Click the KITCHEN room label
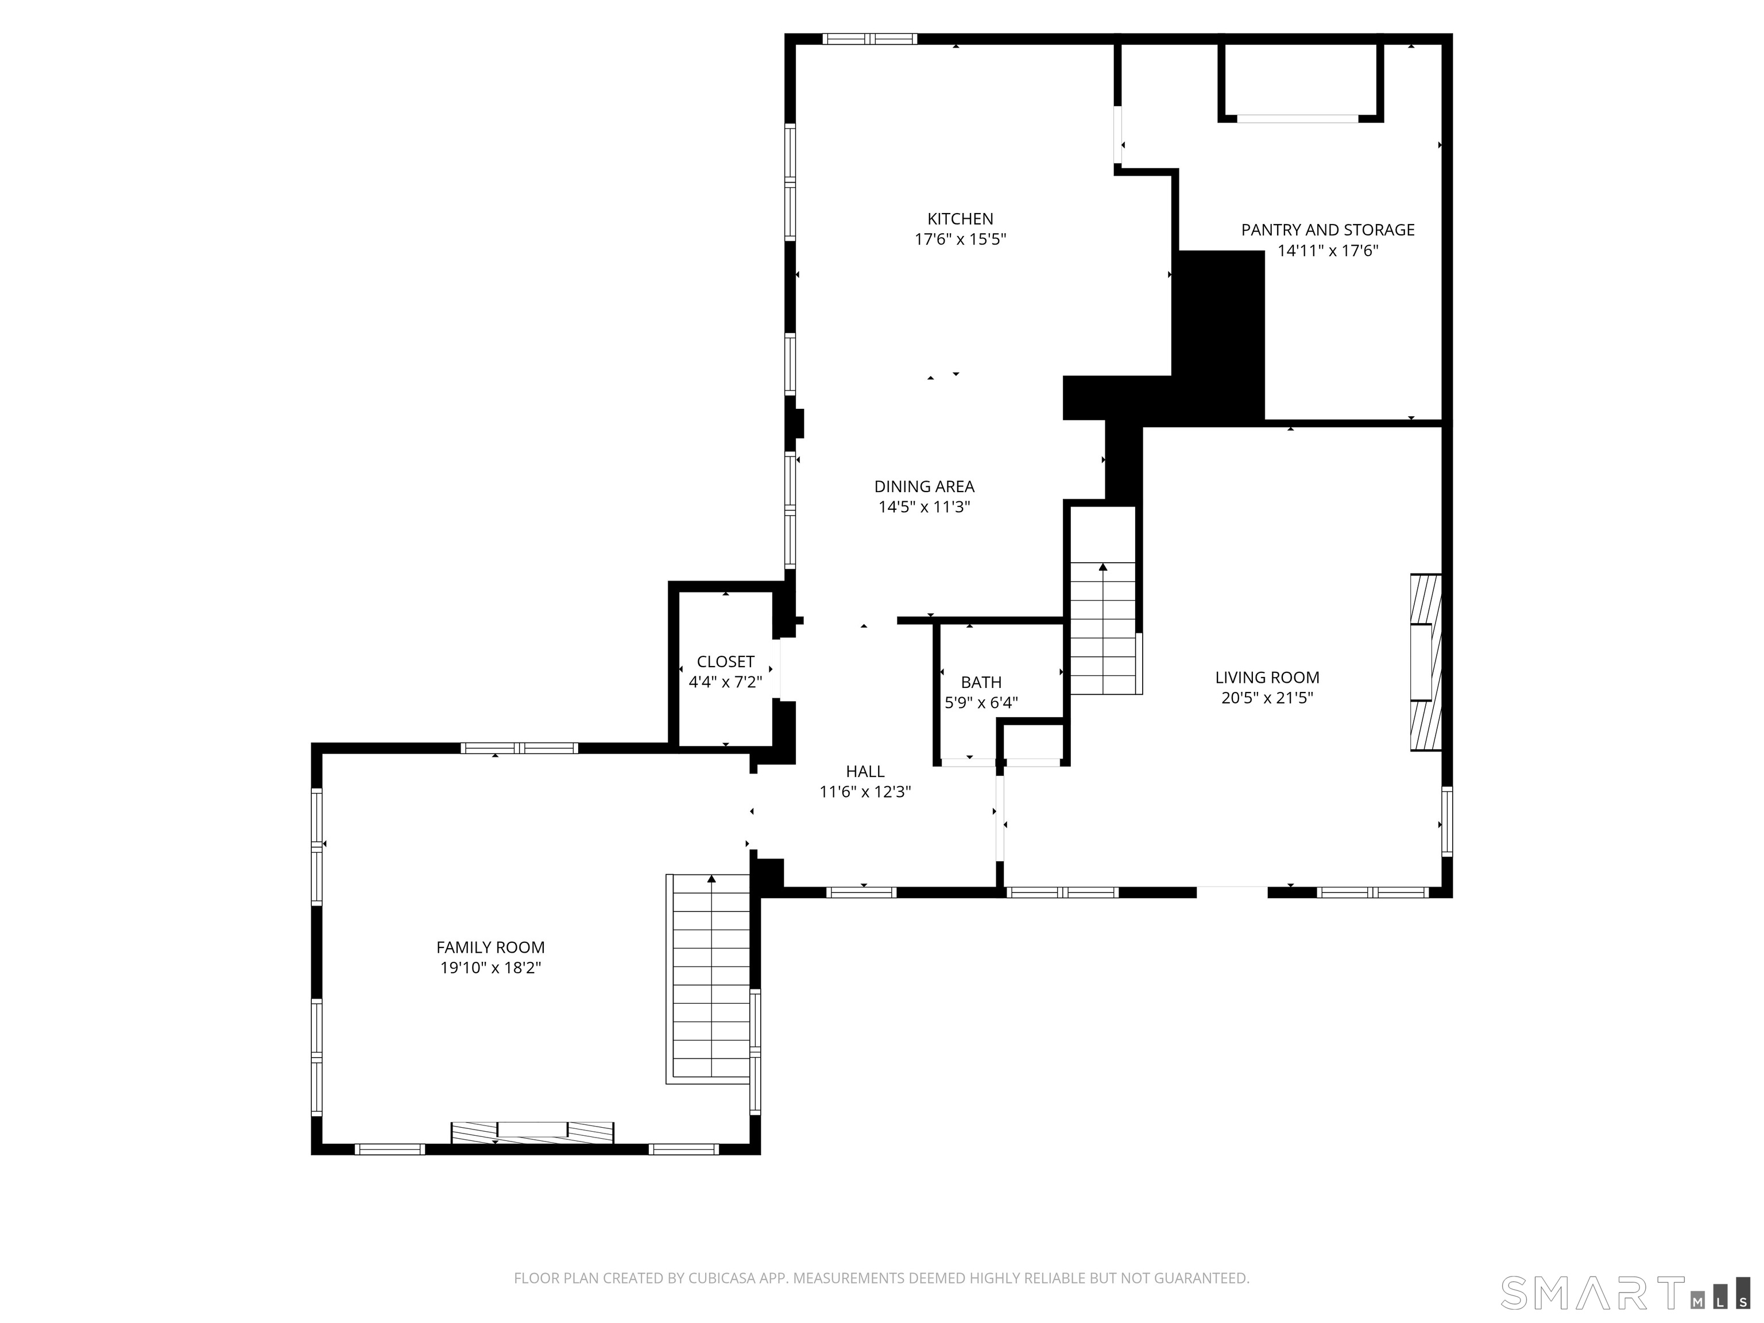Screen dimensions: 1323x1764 coord(960,219)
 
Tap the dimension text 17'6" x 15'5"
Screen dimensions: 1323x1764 coord(960,239)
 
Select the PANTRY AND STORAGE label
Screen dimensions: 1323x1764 coord(1327,230)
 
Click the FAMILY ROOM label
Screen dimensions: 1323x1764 coord(490,947)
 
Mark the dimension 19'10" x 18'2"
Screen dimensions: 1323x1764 coord(490,968)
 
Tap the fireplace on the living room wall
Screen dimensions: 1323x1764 coord(1425,662)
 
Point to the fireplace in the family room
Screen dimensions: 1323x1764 coord(532,1132)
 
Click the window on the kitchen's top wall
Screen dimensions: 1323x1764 coord(869,38)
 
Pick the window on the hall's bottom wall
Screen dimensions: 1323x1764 coord(861,892)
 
